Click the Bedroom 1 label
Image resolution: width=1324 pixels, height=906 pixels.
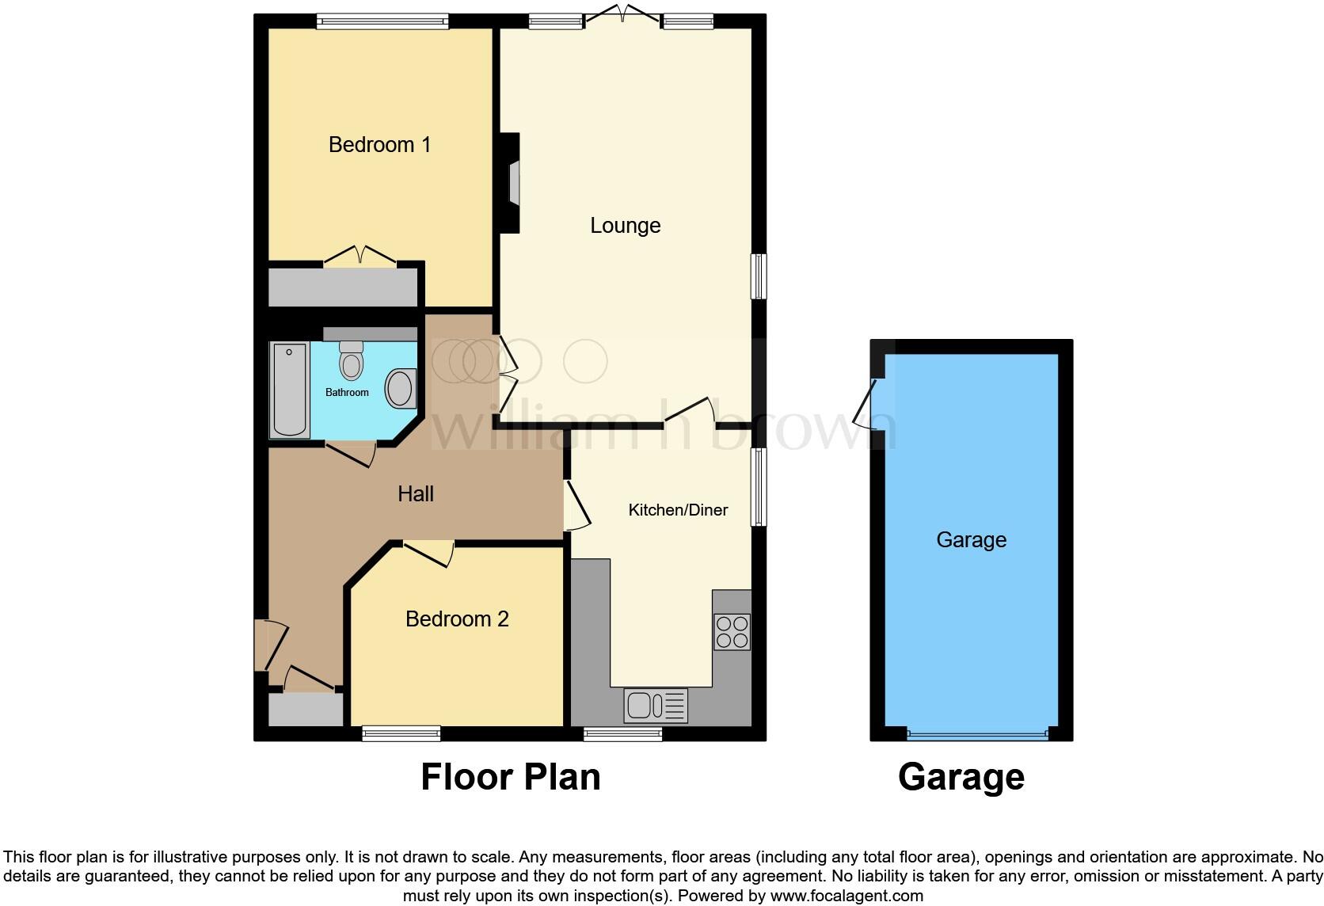[379, 145]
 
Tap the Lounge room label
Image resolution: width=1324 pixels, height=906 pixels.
[625, 226]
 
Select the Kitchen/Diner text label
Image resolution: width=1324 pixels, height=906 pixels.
[678, 510]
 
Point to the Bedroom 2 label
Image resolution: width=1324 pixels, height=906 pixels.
[457, 619]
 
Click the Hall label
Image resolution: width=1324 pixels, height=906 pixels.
[416, 494]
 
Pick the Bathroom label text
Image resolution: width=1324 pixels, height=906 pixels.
[347, 393]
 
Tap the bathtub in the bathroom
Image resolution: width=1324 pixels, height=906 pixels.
[290, 389]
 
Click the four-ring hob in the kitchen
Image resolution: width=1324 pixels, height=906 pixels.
[732, 631]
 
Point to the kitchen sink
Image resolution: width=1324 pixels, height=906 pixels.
[656, 706]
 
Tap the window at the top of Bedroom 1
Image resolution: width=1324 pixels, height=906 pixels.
[382, 21]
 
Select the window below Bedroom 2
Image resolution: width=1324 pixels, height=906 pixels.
[401, 733]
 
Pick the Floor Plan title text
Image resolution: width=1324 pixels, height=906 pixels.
[511, 777]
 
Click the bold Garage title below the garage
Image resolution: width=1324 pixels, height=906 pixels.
[961, 777]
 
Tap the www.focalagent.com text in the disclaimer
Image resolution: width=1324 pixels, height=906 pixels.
[847, 896]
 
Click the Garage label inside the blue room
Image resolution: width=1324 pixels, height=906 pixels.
[971, 540]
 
